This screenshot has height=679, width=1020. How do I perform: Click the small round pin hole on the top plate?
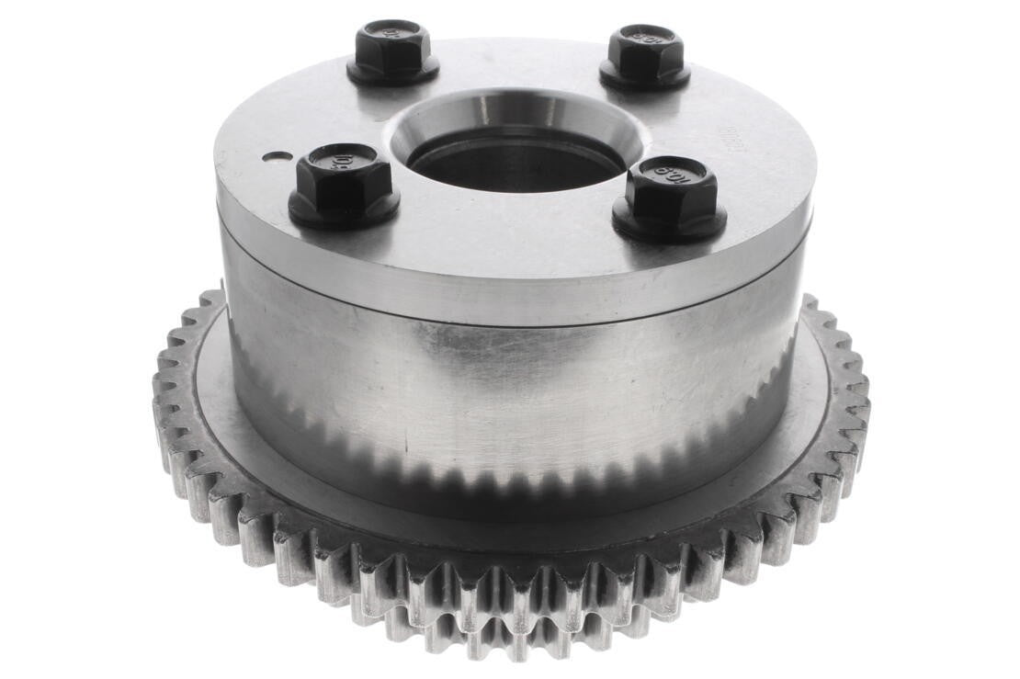[x=270, y=156]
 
